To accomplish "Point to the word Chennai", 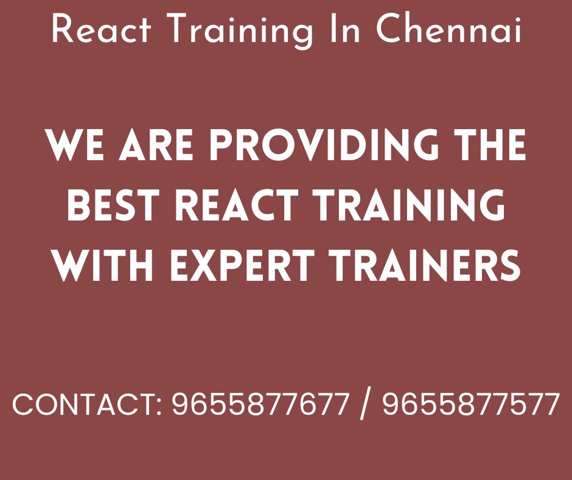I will (448, 29).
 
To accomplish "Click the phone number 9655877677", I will (260, 404).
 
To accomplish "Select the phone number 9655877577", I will (470, 404).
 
